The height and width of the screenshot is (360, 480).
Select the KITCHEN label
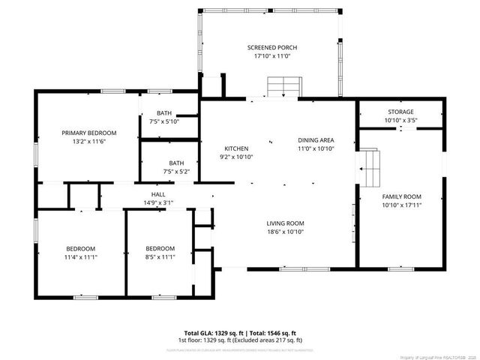(236, 148)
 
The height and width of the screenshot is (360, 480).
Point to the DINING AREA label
(316, 140)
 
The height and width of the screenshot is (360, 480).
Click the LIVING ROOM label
(285, 223)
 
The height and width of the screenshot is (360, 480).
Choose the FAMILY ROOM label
(399, 196)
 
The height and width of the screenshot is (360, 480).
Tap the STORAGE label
(400, 112)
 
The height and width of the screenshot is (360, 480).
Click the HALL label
(159, 193)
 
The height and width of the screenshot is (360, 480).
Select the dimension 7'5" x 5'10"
(164, 121)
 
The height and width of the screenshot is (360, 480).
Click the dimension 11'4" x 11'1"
(80, 257)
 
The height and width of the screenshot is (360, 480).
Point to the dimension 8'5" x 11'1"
(160, 257)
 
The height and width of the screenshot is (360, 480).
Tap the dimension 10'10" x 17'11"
(399, 205)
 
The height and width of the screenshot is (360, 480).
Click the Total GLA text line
(241, 332)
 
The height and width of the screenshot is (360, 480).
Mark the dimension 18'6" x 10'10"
(285, 232)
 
